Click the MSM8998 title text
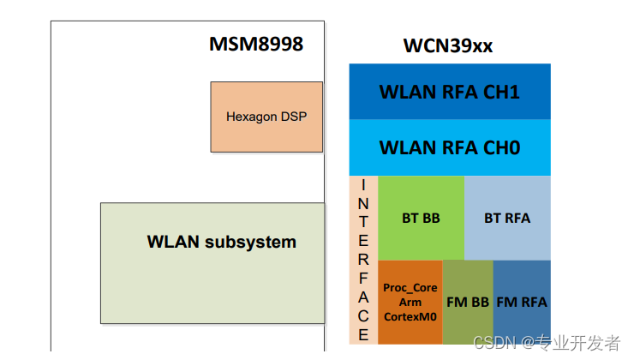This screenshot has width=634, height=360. coord(256,44)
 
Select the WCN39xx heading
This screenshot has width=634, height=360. coord(448,45)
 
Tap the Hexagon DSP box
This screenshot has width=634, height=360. coord(266,117)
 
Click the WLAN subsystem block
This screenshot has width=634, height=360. coord(212,263)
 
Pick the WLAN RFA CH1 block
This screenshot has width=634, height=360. coord(450,92)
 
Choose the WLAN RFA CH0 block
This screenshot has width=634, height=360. coord(450,147)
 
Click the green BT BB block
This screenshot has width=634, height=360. coord(421,218)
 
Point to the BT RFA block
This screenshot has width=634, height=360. coord(507,218)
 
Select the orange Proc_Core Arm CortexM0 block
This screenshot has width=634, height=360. coord(410,302)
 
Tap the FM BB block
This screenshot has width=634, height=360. coord(468,302)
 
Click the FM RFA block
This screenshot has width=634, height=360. coord(522,302)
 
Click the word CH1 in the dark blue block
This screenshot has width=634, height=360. coord(501,92)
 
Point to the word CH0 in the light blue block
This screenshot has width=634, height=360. coord(501,147)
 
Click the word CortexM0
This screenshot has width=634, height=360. coord(410,317)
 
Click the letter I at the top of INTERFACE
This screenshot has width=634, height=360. coord(363,186)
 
